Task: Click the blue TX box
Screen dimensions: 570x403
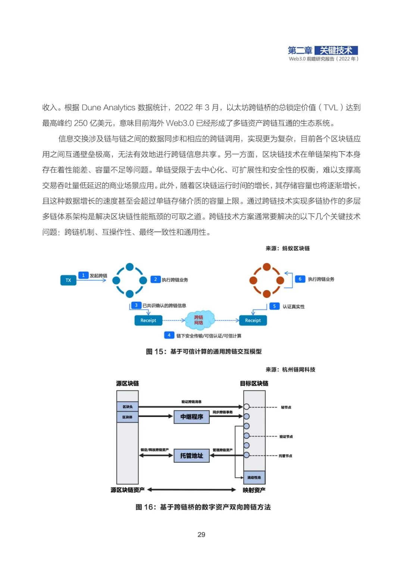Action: (68, 280)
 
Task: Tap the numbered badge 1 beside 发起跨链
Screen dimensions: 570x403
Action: (83, 275)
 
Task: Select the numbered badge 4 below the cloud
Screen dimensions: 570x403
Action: (169, 335)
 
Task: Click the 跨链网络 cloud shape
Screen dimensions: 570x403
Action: (199, 320)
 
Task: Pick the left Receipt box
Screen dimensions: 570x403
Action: (148, 320)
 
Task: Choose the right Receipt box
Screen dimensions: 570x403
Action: (253, 320)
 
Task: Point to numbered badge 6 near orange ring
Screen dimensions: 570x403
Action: (300, 279)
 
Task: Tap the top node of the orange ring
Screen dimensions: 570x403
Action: (267, 267)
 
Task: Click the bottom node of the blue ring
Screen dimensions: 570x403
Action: (130, 294)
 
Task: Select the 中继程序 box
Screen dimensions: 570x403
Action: (191, 417)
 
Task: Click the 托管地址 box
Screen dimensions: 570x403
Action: (191, 455)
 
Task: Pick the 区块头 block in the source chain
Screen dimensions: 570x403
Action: (128, 407)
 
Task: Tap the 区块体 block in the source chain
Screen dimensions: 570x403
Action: (128, 417)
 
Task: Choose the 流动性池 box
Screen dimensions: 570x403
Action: (254, 477)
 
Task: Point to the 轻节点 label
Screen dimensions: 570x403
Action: (286, 407)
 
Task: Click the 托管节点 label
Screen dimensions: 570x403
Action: (285, 456)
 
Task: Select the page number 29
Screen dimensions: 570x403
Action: (201, 535)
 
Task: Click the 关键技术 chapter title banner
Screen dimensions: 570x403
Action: (336, 50)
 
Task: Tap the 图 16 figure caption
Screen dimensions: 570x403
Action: (203, 507)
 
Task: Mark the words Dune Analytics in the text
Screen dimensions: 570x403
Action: (108, 108)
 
